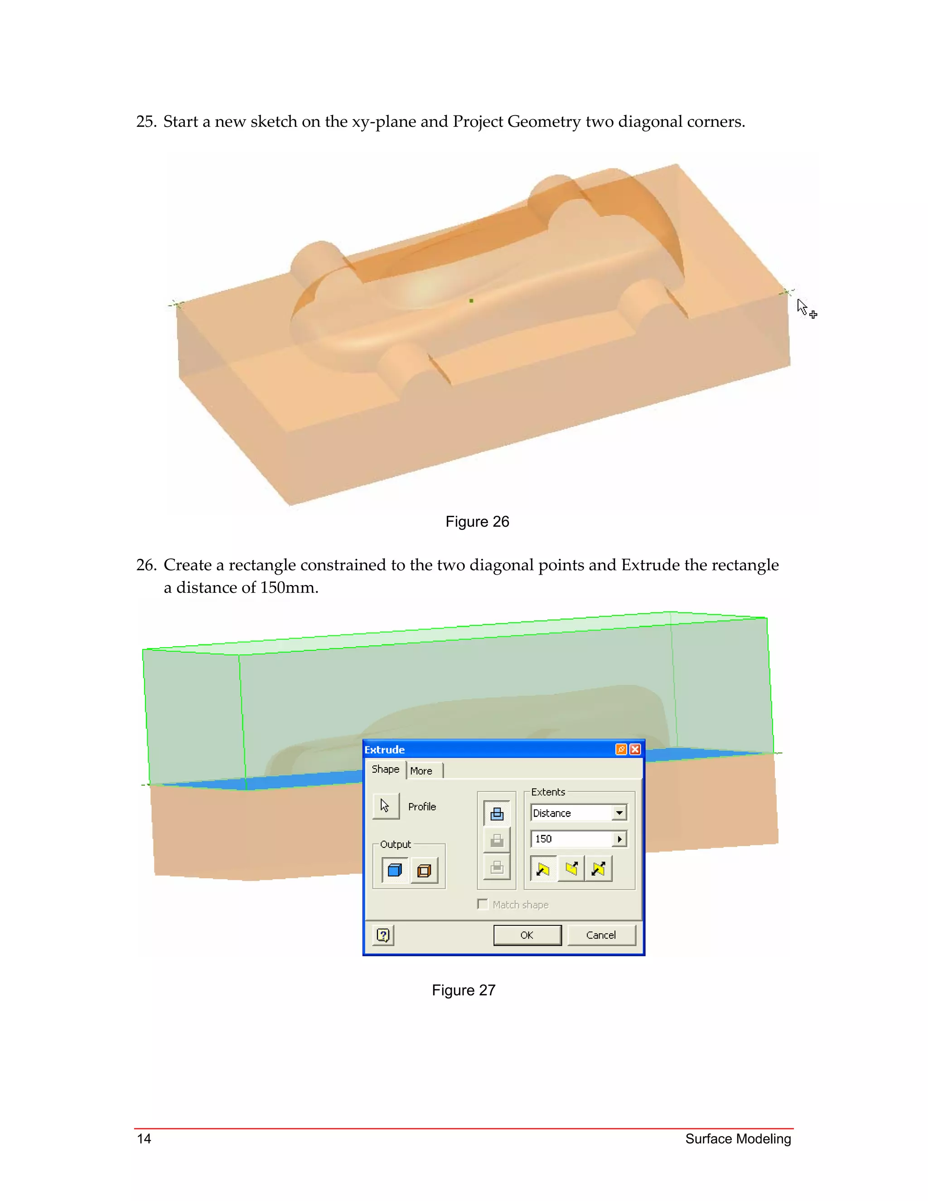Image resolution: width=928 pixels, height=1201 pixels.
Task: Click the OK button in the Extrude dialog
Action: click(527, 935)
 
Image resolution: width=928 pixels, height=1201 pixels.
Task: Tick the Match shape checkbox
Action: click(483, 905)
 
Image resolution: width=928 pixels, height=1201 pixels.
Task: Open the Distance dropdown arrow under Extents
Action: click(619, 813)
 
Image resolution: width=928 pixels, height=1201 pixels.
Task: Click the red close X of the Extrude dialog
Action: click(635, 750)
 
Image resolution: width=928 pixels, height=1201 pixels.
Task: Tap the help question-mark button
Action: click(383, 935)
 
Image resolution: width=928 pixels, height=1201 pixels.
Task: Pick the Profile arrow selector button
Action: click(386, 806)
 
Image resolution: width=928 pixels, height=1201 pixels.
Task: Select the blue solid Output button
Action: click(395, 870)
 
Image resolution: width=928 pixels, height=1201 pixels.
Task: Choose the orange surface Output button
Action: click(424, 870)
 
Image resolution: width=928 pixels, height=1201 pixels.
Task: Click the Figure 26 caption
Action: click(477, 522)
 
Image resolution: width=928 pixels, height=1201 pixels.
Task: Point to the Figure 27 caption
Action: click(464, 990)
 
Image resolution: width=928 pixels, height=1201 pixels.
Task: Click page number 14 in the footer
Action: click(144, 1138)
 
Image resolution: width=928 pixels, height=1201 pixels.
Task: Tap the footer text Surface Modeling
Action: click(738, 1139)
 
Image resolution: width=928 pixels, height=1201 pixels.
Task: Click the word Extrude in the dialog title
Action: click(384, 750)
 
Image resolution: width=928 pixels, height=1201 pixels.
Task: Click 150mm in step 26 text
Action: click(289, 588)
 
